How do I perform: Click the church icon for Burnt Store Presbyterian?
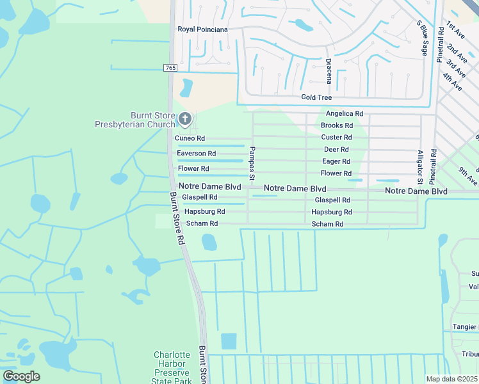pyautogui.click(x=185, y=118)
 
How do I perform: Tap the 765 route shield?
pyautogui.click(x=170, y=68)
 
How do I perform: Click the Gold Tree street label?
pyautogui.click(x=316, y=97)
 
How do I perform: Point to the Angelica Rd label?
pyautogui.click(x=345, y=113)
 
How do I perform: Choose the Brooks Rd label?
pyautogui.click(x=337, y=125)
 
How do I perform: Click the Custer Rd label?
pyautogui.click(x=336, y=138)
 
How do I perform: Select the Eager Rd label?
pyautogui.click(x=336, y=161)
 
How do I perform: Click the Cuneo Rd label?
pyautogui.click(x=190, y=138)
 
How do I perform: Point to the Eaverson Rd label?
pyautogui.click(x=196, y=154)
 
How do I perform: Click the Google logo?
pyautogui.click(x=21, y=376)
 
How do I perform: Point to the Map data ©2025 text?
pyautogui.click(x=451, y=379)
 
